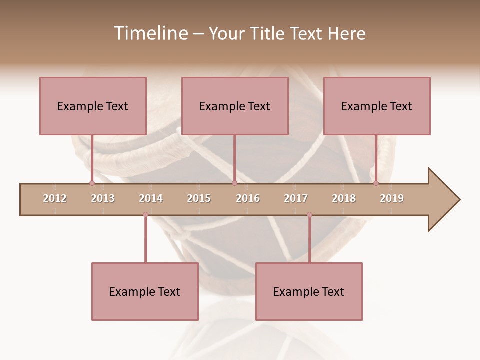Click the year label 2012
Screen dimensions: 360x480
click(55, 198)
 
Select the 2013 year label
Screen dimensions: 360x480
click(103, 198)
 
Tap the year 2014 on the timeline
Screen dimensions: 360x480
click(151, 198)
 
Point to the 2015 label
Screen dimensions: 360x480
click(199, 198)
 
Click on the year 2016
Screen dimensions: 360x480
click(248, 198)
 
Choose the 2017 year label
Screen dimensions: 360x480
click(296, 198)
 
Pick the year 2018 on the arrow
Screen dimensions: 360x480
click(344, 198)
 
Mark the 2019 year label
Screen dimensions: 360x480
click(392, 198)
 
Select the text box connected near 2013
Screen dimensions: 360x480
click(93, 106)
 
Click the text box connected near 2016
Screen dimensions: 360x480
click(235, 106)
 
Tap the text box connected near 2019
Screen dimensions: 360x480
click(377, 106)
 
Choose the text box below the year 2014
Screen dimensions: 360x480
click(145, 291)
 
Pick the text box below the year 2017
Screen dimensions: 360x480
click(309, 291)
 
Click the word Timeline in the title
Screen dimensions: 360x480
click(150, 33)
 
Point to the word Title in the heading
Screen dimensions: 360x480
click(269, 33)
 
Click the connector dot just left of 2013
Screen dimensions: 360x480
click(92, 183)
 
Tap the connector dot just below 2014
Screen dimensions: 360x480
click(145, 215)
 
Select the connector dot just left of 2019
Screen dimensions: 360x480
click(376, 183)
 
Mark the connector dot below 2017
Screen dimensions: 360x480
click(309, 215)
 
